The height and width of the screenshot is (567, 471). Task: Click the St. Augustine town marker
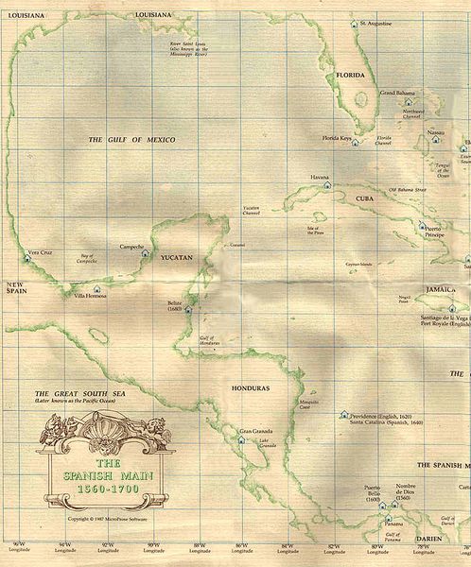(353, 22)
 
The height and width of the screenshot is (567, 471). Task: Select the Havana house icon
(326, 184)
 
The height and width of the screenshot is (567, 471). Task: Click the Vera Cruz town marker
(26, 256)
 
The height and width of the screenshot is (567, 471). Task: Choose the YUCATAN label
(176, 257)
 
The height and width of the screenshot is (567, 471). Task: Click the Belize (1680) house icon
(188, 307)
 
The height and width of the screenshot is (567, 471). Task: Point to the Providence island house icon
(344, 415)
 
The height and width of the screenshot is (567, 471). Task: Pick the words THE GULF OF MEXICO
(132, 140)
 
